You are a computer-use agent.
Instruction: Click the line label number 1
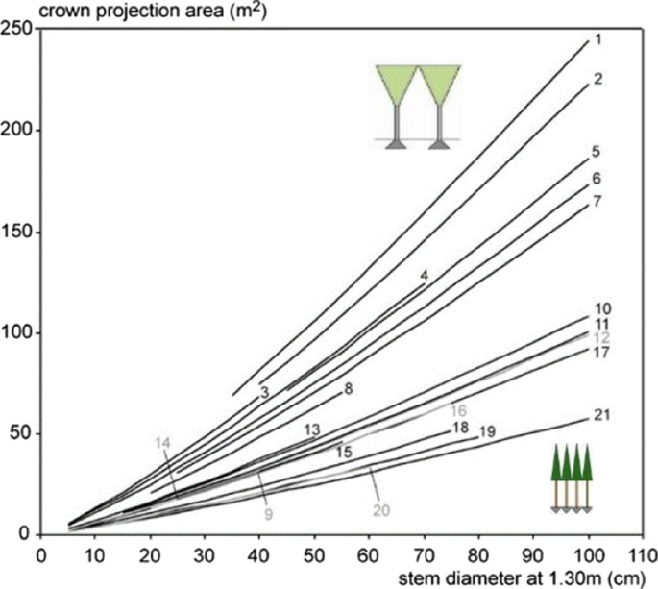coord(597,39)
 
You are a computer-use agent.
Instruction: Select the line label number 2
coord(597,79)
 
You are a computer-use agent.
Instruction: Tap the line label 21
coord(601,415)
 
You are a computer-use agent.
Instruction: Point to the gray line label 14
coord(162,442)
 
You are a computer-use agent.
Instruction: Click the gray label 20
coord(380,511)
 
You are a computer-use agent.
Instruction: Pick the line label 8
coord(349,388)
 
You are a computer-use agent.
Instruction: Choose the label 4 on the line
coord(423,276)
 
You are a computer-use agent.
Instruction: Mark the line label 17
coord(601,353)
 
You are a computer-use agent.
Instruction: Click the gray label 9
coord(269,514)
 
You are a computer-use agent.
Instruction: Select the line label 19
coord(486,432)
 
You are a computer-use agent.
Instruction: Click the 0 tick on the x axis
coord(40,554)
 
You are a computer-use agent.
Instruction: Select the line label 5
coord(597,152)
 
